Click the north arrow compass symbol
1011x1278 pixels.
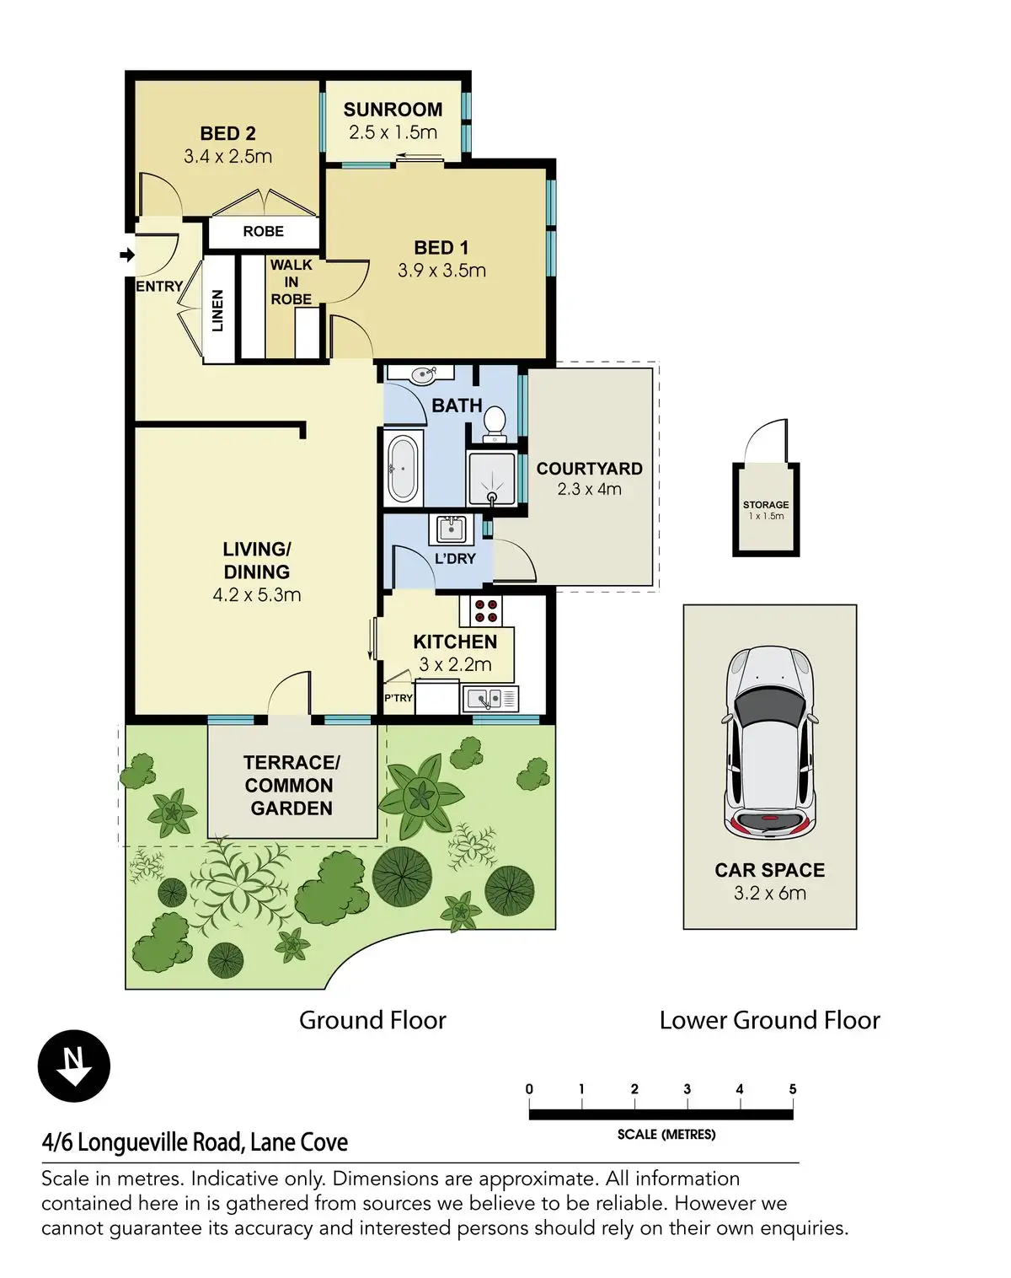74,1066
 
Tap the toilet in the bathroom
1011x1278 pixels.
494,424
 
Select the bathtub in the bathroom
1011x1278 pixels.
403,470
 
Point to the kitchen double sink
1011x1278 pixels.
489,699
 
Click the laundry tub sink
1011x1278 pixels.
452,529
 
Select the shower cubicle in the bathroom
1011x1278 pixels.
491,478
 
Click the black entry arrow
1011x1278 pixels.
127,255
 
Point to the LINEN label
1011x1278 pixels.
217,310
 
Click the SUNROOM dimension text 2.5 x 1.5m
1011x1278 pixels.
393,132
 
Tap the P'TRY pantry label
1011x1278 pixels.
399,698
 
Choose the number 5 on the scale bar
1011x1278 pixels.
793,1089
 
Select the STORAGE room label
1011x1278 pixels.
766,505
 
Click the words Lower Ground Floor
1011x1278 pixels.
770,1020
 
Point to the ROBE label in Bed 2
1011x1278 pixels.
263,231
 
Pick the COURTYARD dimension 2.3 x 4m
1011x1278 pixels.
590,489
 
